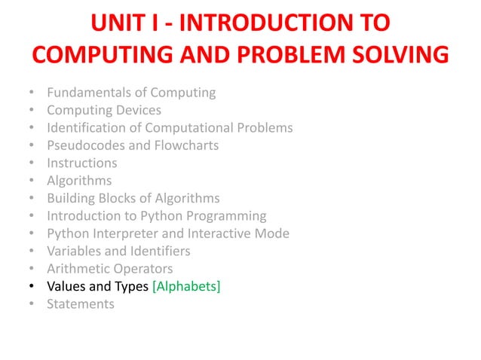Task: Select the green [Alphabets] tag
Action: tap(186, 286)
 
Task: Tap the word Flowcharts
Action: tap(186, 145)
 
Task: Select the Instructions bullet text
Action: tap(82, 163)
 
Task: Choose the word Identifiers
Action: tap(162, 251)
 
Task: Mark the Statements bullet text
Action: tap(81, 304)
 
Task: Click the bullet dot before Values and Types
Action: tap(31, 287)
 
